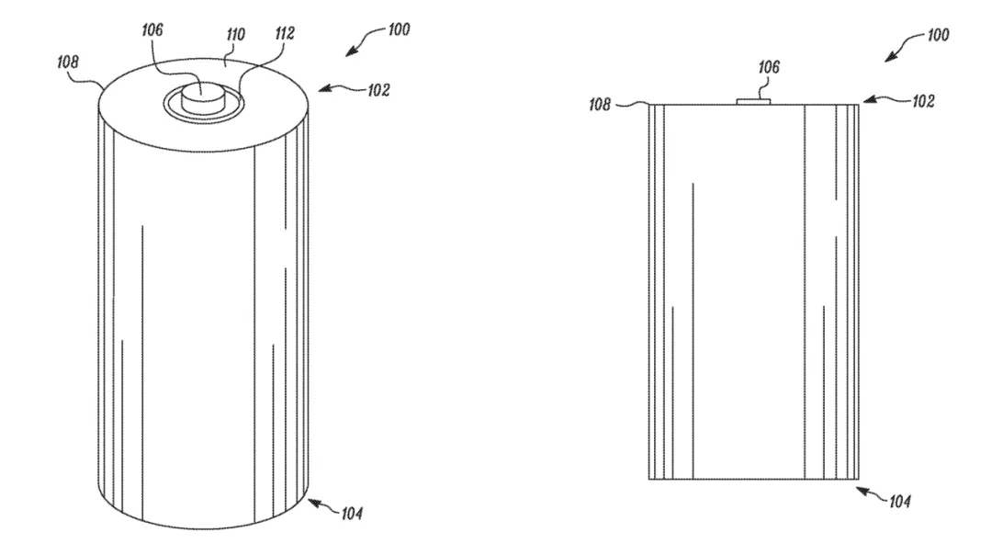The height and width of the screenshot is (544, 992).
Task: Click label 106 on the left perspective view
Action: coord(152,29)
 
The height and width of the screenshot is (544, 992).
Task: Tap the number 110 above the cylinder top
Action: coord(235,34)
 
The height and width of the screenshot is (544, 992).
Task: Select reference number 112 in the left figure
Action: coord(285,33)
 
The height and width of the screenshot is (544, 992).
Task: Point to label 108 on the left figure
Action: coord(68,62)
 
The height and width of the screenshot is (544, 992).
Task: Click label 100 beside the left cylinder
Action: coord(399,29)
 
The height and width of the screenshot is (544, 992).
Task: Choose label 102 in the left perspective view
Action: coord(378,90)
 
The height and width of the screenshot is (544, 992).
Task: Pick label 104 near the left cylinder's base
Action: coord(352,513)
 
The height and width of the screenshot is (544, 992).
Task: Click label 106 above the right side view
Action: coord(769,66)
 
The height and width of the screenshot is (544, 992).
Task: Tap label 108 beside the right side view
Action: coord(600,104)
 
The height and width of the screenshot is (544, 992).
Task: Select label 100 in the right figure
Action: coord(938,34)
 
